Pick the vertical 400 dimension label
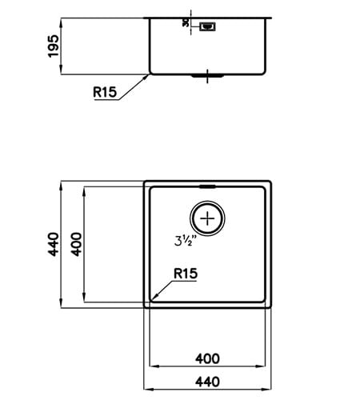(77, 244)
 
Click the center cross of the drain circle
(208, 218)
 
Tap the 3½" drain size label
(185, 238)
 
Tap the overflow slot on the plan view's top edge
(208, 186)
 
